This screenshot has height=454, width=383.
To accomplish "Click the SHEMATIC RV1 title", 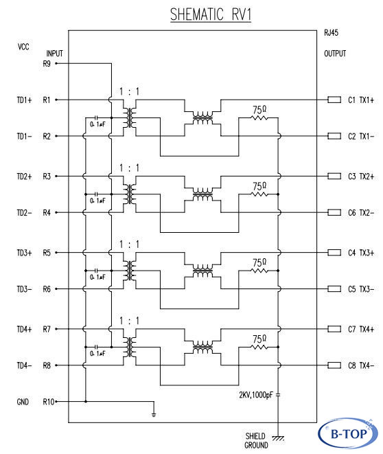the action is tap(211, 14).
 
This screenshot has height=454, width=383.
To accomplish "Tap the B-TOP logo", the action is tap(348, 433).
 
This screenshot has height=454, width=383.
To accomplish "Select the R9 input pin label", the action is tap(47, 63).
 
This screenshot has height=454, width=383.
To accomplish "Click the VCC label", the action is tap(23, 47).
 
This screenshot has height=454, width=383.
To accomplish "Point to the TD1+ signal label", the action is tap(24, 100).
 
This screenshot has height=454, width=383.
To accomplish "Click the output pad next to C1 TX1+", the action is tap(334, 100).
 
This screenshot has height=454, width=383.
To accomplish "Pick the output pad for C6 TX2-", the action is tap(334, 212).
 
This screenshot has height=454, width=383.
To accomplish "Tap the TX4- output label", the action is tap(367, 365).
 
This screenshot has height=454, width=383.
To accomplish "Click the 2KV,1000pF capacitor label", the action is tap(256, 395).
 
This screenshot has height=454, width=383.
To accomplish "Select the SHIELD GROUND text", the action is tap(256, 440).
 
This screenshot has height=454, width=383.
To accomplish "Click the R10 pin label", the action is tap(48, 402).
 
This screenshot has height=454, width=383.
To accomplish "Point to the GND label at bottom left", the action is tap(23, 402).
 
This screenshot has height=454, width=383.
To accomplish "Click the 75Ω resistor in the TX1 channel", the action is tap(259, 117).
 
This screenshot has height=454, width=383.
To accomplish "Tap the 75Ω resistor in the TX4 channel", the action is tap(259, 347).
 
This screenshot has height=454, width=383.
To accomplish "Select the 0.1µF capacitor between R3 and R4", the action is tap(97, 194).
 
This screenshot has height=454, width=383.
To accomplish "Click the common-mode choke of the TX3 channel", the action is tap(202, 271).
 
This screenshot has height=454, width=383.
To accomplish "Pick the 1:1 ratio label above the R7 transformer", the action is tap(129, 321).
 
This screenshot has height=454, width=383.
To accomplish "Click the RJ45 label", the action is tap(332, 32).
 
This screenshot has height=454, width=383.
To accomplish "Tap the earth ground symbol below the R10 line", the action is tap(154, 415).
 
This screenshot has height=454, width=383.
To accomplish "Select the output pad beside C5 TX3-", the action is tap(334, 288).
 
